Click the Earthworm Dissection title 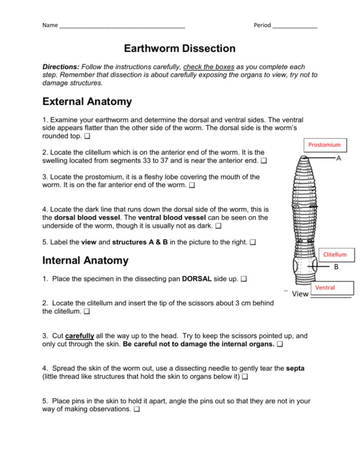(x=180, y=49)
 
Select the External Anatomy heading (x=87, y=102)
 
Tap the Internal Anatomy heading (x=86, y=260)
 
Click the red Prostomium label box (x=324, y=145)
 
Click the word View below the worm (x=300, y=294)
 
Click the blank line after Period (x=295, y=25)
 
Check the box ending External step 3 (x=192, y=185)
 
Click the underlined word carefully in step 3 (x=79, y=335)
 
